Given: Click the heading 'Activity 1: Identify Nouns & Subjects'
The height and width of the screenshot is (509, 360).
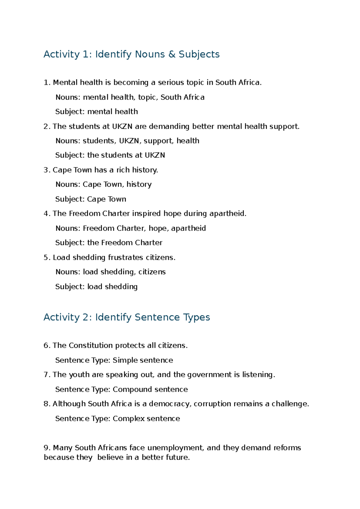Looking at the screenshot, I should coord(131,54).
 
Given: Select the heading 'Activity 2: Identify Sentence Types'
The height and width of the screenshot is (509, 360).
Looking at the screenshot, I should coord(127,317).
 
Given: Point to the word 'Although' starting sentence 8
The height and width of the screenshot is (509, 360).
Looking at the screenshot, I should coord(69,404).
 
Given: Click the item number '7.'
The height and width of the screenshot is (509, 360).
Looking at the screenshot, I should coord(46,375).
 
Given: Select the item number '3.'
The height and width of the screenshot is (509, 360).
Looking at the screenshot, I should coord(46,170).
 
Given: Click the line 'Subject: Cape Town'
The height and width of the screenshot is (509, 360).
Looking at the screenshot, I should coord(91,199).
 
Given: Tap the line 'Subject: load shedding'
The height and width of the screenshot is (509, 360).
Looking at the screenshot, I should coord(96,287).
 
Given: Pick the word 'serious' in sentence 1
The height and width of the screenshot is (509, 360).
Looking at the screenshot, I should coord(171,83).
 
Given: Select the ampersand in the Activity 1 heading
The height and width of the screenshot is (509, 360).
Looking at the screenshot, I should coord(172,54).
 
